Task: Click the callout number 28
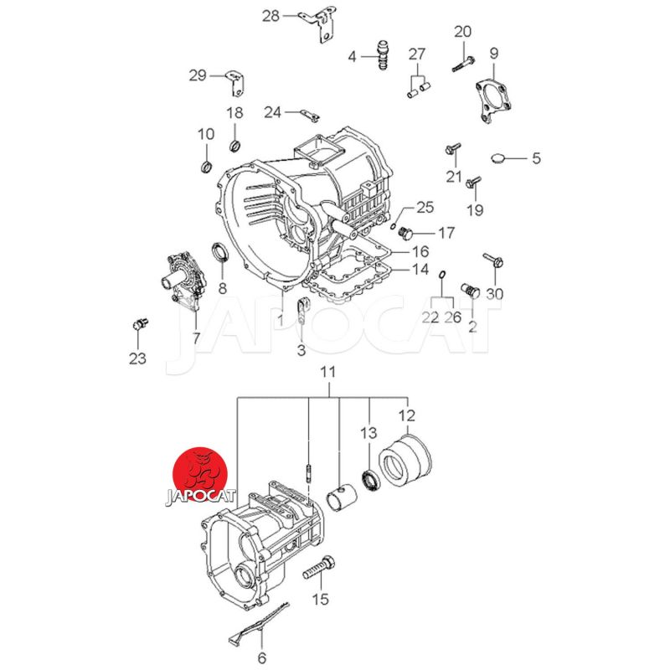point(271,16)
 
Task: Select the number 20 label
point(462,33)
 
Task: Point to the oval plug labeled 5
point(497,157)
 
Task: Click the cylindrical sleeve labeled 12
point(404,458)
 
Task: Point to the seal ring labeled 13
point(369,481)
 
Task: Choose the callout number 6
point(261,657)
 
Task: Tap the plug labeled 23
point(140,323)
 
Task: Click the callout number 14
point(420,270)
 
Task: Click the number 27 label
point(417,54)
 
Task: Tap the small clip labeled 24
point(308,112)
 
